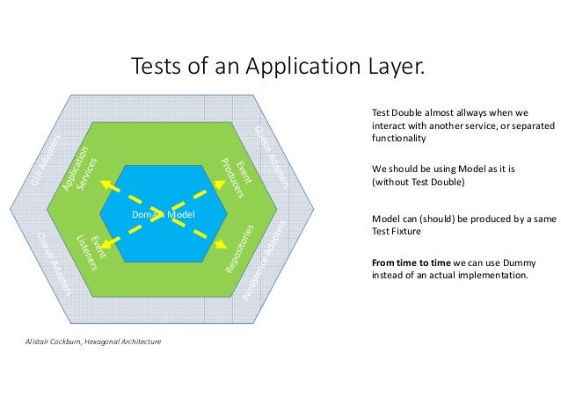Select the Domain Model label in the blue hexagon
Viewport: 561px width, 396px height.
[x=163, y=215]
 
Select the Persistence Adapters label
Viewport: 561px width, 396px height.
[x=265, y=260]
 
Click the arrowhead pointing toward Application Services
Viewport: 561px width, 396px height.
[x=104, y=183]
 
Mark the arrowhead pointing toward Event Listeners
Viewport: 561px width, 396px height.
[x=106, y=247]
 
